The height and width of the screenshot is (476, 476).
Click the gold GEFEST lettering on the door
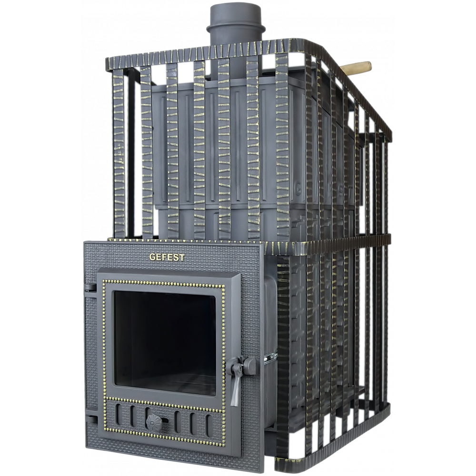click(x=167, y=258)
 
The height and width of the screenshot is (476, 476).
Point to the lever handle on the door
click(x=236, y=381)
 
